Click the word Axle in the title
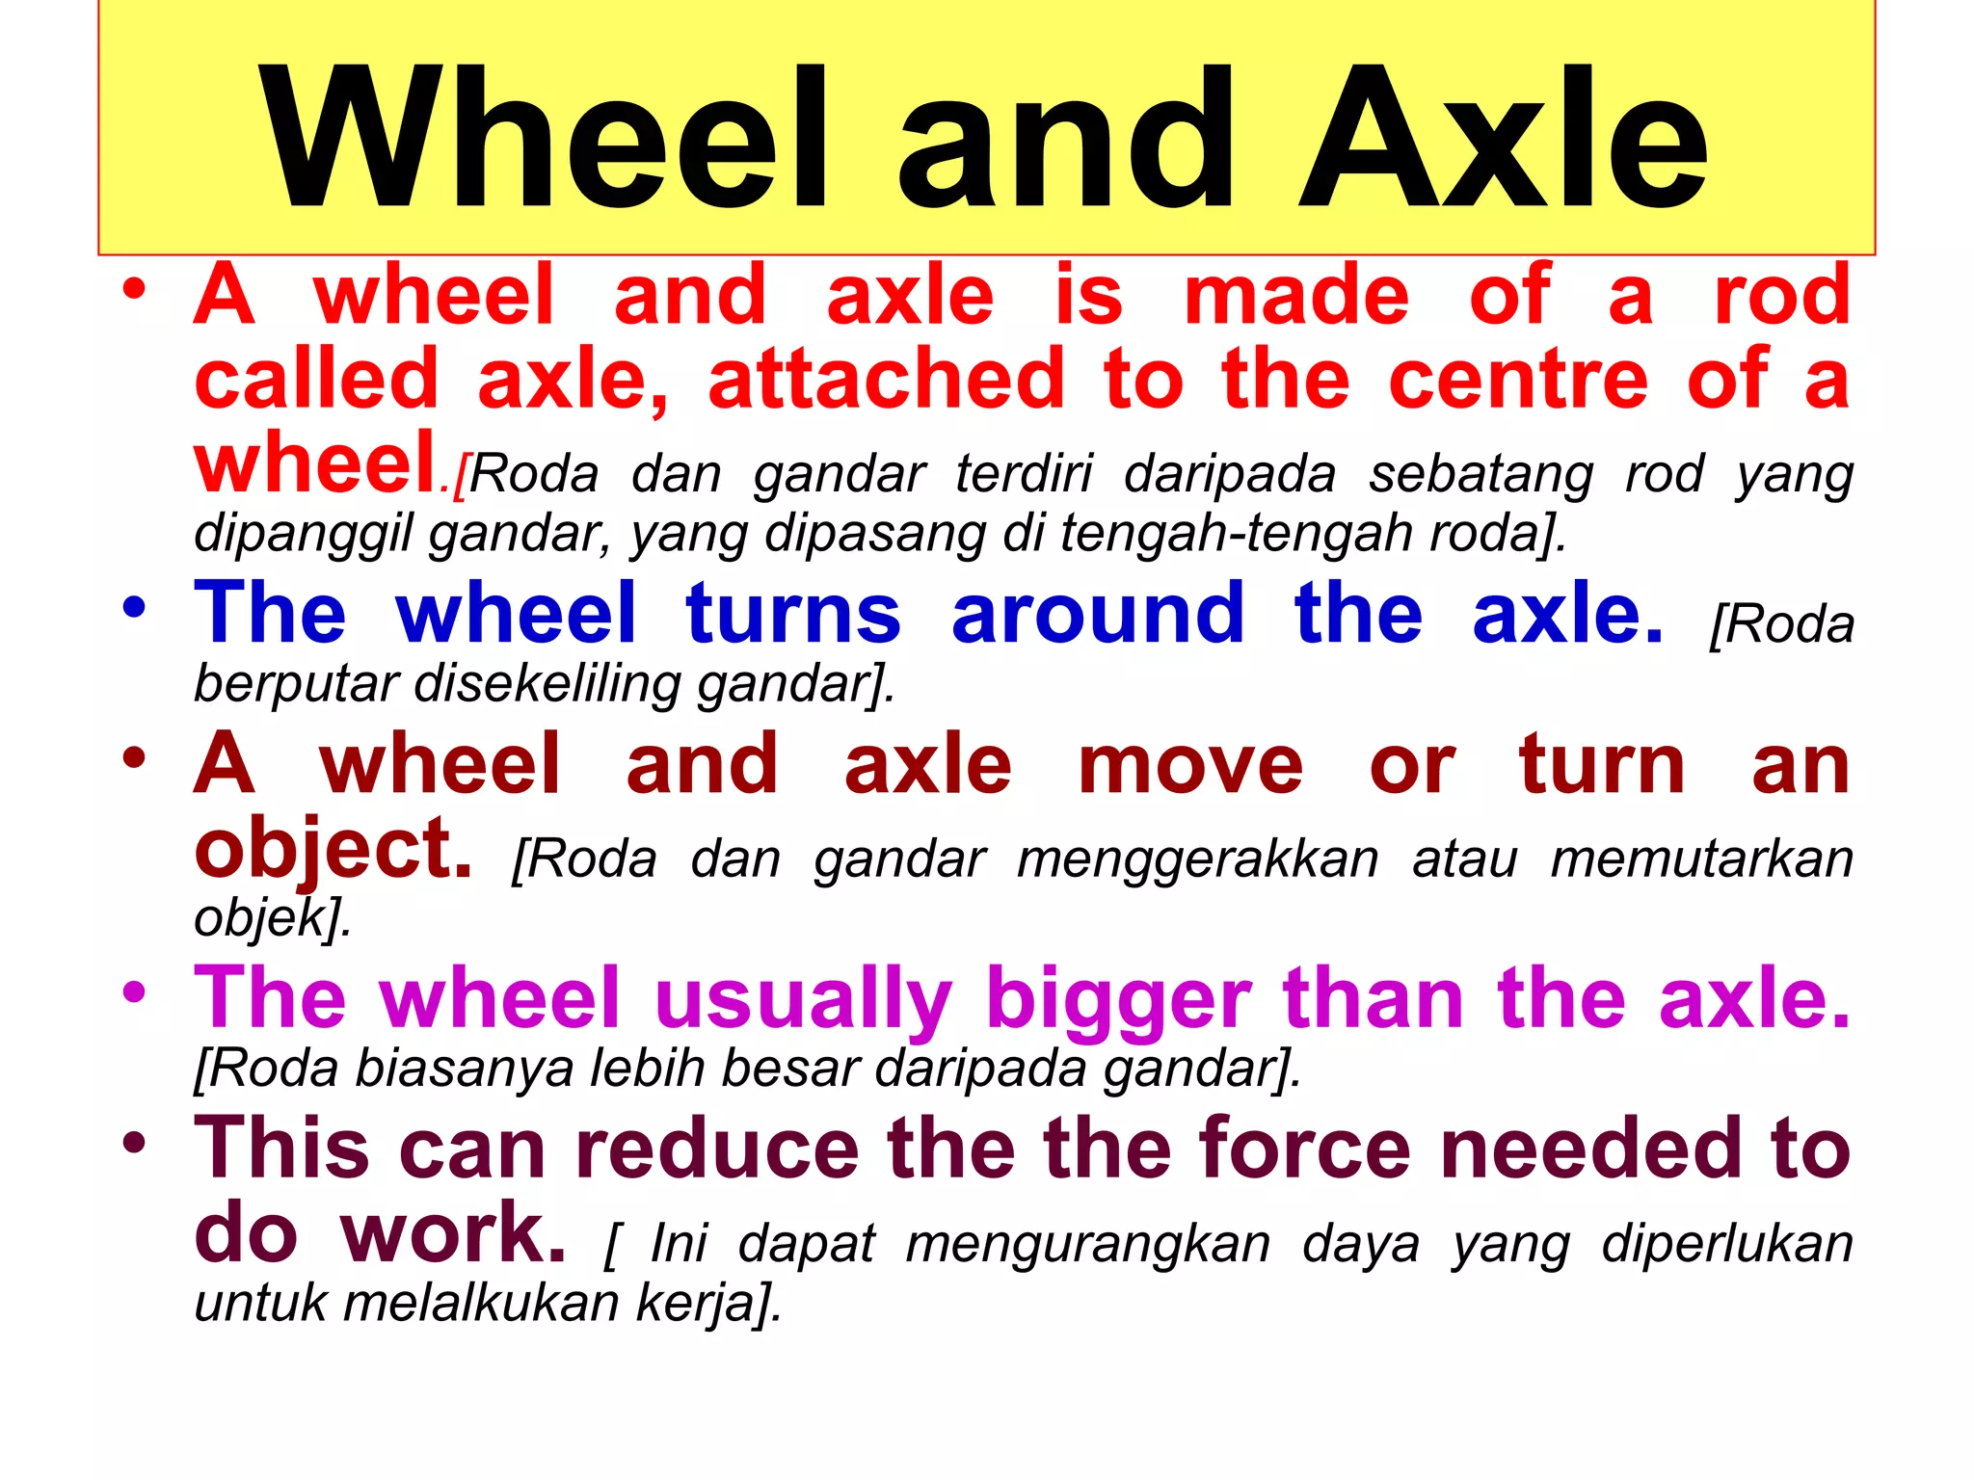(1504, 137)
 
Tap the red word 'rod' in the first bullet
(1782, 296)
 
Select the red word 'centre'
(1519, 380)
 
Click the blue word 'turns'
(793, 614)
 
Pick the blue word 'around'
(1098, 614)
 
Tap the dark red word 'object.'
(333, 850)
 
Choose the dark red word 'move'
(1190, 766)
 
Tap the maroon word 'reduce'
(717, 1149)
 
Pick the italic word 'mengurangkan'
(1088, 1244)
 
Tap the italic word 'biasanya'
(465, 1070)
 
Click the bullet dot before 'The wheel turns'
(134, 608)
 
